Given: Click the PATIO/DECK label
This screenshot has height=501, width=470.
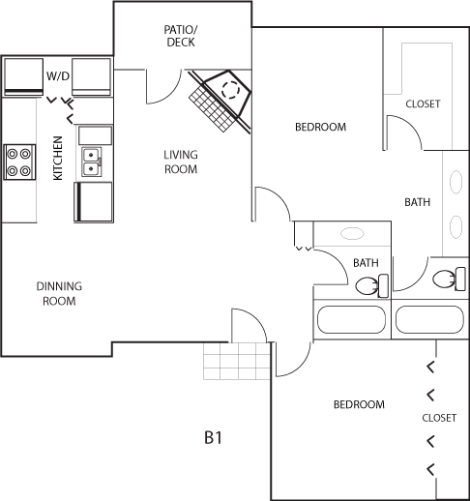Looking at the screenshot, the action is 181,36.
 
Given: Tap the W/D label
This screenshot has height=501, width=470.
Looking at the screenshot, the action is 58,76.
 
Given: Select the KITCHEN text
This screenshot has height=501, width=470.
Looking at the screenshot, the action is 58,158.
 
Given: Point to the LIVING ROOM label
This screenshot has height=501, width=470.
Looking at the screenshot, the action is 181,162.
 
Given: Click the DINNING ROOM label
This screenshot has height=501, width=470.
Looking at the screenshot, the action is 59,293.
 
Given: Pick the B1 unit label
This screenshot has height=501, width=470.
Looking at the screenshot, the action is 213,438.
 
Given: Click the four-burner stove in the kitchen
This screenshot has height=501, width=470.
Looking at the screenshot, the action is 19,162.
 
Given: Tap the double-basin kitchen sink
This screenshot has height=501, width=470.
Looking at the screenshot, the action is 92,162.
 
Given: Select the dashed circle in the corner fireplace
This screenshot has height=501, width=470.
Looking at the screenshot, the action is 230,90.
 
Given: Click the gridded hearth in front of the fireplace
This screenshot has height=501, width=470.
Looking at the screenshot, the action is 212,108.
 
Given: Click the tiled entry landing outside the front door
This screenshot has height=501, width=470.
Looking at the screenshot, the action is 237,361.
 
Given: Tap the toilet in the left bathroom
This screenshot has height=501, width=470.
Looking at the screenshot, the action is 371,285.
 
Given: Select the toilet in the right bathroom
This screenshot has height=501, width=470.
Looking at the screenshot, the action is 449,279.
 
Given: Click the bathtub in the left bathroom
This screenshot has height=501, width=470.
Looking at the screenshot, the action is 351,319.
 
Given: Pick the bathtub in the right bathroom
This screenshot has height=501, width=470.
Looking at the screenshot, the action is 429,319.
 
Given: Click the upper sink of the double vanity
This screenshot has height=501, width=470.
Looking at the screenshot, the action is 455,182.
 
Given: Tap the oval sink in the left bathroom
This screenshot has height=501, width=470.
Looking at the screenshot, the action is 352,233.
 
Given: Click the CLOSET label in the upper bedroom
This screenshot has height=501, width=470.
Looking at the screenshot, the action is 423,103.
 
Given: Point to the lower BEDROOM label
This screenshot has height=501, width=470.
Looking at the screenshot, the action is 359,404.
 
